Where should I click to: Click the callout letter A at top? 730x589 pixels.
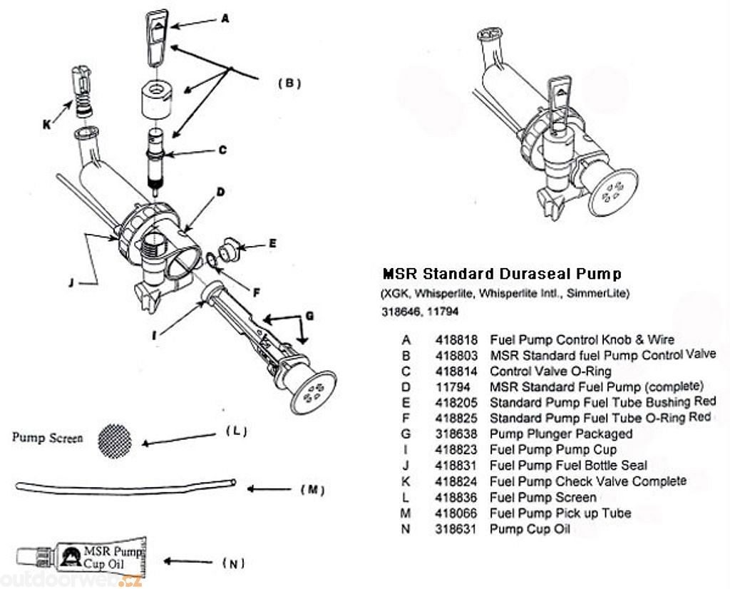225,20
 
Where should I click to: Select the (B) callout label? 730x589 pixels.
289,83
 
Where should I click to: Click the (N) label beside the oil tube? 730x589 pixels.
234,563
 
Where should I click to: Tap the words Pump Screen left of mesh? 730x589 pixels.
47,438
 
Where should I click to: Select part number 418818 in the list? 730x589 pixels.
456,340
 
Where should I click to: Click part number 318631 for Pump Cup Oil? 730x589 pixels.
456,528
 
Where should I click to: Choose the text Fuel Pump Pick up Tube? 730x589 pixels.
560,513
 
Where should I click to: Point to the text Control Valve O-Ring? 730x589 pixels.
550,372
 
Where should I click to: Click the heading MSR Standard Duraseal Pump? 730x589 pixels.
502,274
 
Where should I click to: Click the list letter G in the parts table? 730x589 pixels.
406,434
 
